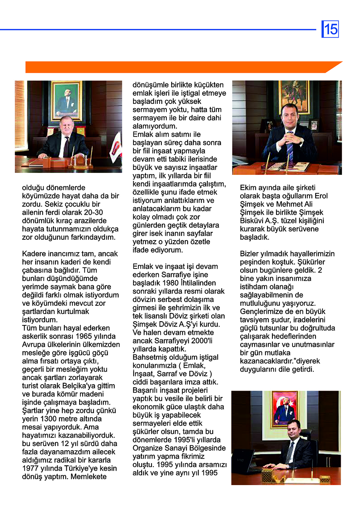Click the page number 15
click(330, 29)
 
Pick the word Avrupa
click(33, 345)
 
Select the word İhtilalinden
click(198, 283)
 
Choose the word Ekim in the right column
click(248, 188)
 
